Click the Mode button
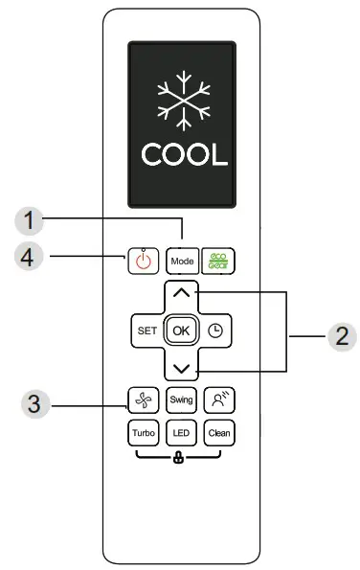(x=181, y=260)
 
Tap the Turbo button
(x=142, y=432)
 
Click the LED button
(x=181, y=432)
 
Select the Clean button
(x=220, y=432)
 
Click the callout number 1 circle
(x=34, y=220)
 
